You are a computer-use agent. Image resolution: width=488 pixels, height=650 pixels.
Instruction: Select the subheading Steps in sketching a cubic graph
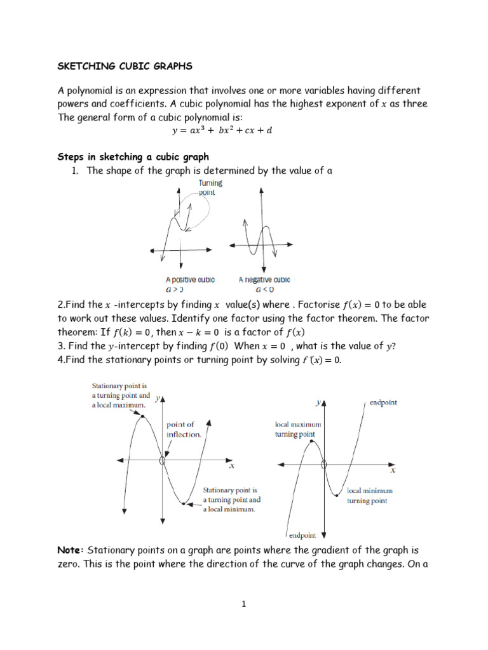133,156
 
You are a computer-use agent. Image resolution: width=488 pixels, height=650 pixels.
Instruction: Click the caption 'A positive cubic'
190,279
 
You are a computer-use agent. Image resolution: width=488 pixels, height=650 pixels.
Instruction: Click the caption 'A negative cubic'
264,279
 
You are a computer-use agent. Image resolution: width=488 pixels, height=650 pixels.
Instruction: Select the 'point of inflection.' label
184,430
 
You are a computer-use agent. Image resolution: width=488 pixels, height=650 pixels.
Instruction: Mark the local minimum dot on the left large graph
184,504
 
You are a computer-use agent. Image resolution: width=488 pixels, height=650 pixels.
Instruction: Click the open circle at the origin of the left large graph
163,461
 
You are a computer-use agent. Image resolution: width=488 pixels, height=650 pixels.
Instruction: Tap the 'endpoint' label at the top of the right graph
383,402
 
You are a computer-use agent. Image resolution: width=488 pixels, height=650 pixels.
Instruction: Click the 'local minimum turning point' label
369,495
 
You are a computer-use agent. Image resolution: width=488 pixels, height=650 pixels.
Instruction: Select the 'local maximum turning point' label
297,429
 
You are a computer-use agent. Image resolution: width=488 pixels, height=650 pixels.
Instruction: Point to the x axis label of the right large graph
393,470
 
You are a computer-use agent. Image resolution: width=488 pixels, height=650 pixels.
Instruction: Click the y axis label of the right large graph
318,402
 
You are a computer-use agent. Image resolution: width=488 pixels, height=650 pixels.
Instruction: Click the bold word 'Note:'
71,550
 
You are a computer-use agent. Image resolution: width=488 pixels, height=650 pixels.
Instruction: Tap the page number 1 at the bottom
243,604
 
